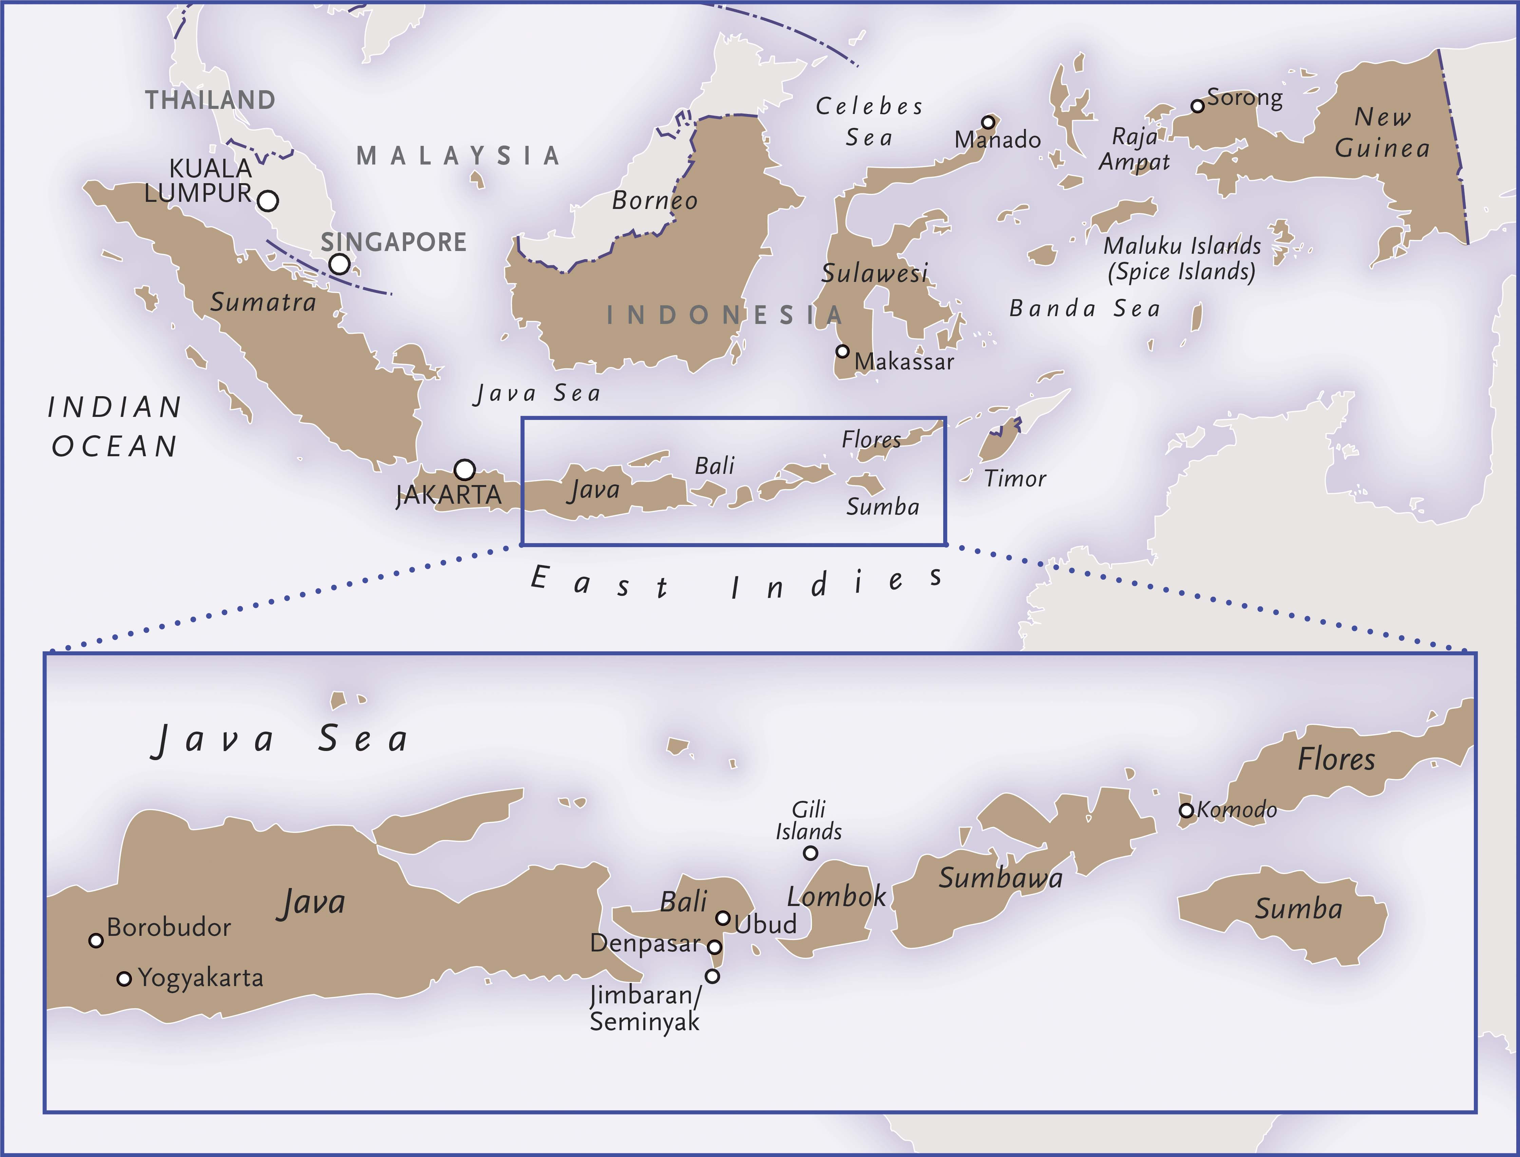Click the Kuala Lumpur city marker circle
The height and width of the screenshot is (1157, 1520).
tap(268, 201)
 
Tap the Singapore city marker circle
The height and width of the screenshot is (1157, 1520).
tap(339, 264)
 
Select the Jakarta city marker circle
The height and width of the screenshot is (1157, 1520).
tap(465, 470)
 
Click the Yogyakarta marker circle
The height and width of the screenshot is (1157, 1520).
tap(124, 979)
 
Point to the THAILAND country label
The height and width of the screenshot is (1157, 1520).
tap(210, 100)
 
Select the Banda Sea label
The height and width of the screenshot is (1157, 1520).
tap(1085, 309)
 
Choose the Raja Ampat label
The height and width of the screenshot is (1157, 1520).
tap(1134, 150)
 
